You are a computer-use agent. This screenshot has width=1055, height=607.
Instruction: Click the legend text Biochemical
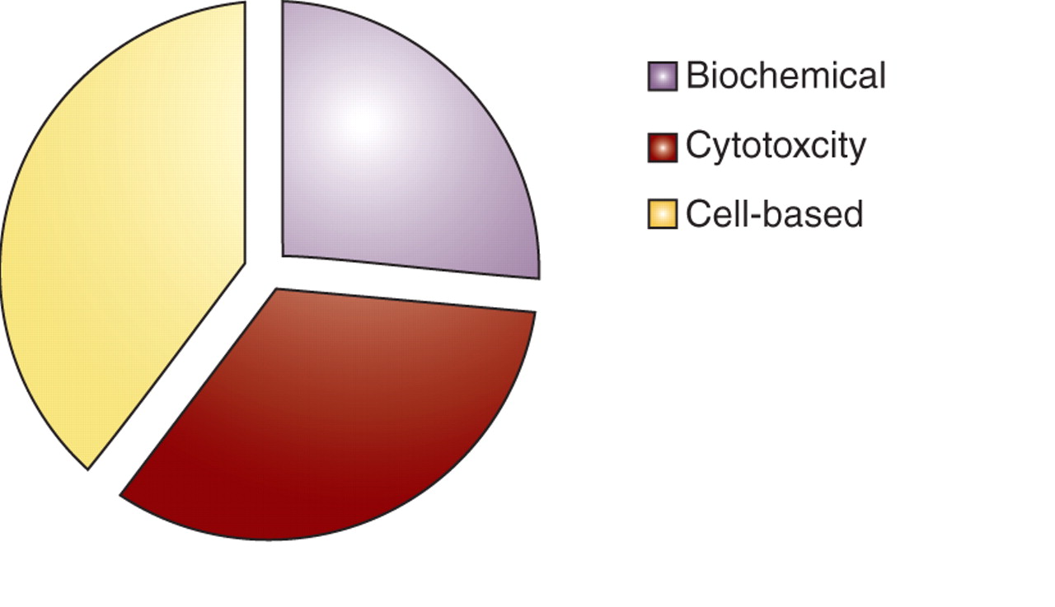[785, 76]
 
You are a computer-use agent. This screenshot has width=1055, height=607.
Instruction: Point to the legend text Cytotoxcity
[776, 147]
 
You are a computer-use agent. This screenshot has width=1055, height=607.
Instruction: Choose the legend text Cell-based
[774, 214]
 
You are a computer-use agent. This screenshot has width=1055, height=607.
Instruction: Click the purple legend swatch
[662, 76]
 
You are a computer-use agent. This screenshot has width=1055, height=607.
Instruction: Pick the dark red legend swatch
[662, 147]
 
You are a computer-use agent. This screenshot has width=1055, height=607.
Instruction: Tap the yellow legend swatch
[662, 214]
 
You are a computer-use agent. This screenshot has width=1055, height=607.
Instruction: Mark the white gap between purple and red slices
[412, 284]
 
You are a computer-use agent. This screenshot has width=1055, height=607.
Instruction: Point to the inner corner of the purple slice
[284, 254]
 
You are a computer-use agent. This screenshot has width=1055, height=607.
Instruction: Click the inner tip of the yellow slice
[244, 261]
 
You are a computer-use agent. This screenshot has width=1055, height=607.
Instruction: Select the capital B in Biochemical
[696, 76]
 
